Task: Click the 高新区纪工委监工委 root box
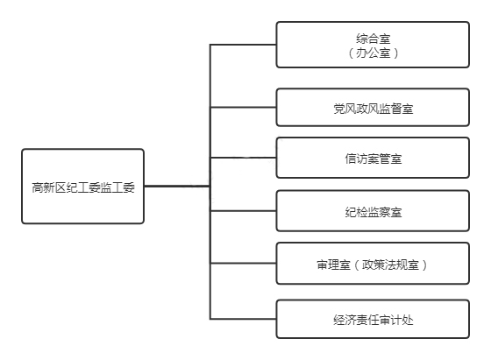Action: (82, 187)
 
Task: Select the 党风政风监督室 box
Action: (373, 107)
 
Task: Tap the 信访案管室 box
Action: (373, 158)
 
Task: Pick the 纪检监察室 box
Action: (373, 211)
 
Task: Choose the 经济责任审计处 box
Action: (373, 319)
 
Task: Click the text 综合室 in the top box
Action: (373, 39)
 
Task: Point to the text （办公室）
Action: (373, 53)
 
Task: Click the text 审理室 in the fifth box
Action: (333, 265)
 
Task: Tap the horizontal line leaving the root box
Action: (177, 186)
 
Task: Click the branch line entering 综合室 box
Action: (243, 45)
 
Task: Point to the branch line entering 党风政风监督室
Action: (243, 107)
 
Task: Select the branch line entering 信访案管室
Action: (243, 158)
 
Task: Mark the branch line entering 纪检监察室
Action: (243, 211)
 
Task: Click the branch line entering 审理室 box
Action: (243, 264)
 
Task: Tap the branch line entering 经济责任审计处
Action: (243, 319)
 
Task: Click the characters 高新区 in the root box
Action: (48, 187)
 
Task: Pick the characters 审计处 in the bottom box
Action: (396, 320)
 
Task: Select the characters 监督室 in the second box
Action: (396, 109)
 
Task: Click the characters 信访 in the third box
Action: (356, 159)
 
